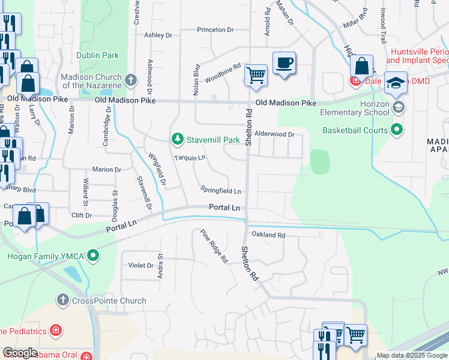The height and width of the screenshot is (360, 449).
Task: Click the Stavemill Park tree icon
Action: pos(178,140)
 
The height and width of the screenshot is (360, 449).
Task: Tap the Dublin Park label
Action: pos(98,56)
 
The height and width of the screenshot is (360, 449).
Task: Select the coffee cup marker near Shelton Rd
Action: pos(284,62)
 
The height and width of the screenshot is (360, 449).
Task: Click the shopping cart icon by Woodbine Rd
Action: pos(256,76)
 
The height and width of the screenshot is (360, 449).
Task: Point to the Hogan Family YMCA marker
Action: pos(92,256)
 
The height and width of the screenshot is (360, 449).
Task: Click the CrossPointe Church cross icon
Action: pos(64,299)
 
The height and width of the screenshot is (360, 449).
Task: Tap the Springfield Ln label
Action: pos(221,191)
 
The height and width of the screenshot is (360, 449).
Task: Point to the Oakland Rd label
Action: pos(268,235)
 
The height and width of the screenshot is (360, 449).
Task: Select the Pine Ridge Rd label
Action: pos(214,246)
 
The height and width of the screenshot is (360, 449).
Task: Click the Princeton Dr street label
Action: pos(215,29)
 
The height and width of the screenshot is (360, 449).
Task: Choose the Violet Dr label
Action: pos(142,265)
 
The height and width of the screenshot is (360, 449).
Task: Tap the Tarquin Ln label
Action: pos(190,158)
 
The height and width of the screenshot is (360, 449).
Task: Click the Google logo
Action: pos(20,353)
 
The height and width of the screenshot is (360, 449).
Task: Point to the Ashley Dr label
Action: pos(158,35)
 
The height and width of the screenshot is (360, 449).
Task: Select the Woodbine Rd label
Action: pos(223,73)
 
